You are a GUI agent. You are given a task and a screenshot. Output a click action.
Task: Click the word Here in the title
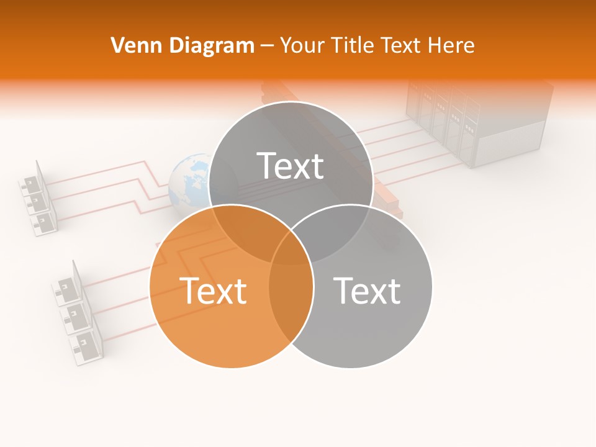[453, 45]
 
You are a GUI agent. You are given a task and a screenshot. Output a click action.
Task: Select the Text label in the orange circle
[213, 291]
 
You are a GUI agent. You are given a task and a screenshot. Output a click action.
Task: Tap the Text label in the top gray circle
[291, 166]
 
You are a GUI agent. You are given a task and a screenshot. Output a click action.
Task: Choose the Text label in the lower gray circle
[367, 291]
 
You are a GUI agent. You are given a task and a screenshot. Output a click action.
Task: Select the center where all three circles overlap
[291, 248]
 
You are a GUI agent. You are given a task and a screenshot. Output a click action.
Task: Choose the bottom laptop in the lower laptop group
[87, 345]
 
